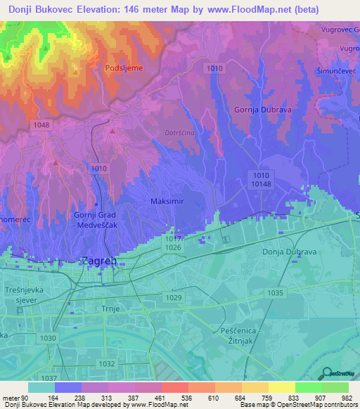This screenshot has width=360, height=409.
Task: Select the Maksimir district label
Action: pyautogui.click(x=167, y=201)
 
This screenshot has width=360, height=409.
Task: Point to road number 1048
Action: pyautogui.click(x=41, y=124)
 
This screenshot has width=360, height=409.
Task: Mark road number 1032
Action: pyautogui.click(x=106, y=363)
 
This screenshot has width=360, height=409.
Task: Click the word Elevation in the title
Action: pyautogui.click(x=94, y=10)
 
